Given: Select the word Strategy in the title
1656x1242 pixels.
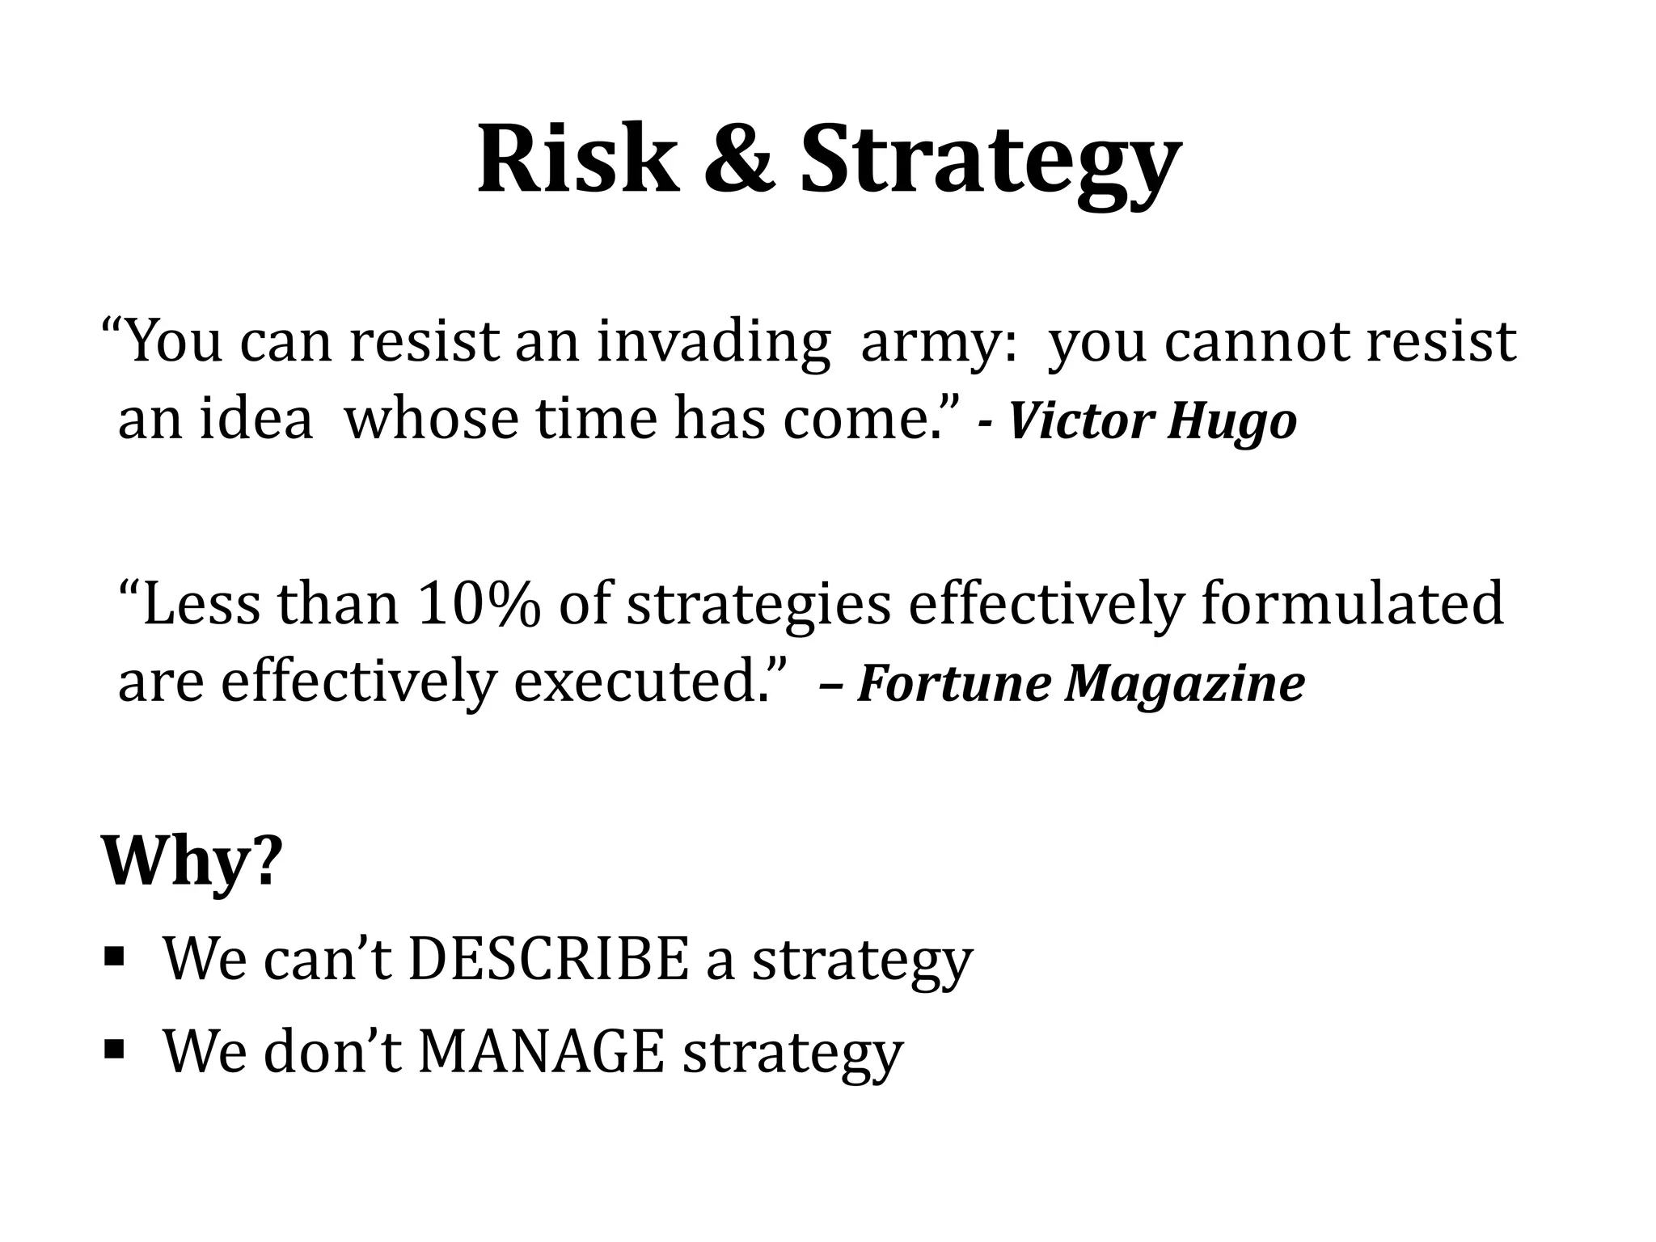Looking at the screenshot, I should click(990, 162).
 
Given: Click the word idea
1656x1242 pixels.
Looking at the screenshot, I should click(256, 420).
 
